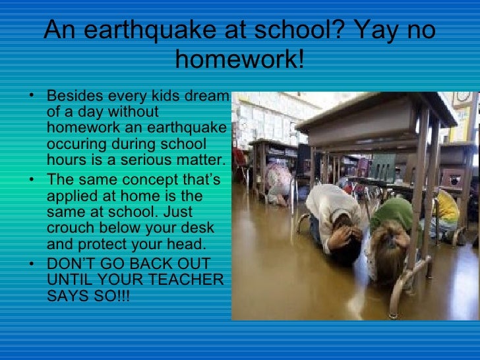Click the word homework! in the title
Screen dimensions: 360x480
[240, 61]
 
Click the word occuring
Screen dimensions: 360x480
[75, 143]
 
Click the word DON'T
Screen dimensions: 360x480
[71, 265]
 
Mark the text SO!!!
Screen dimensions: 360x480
[109, 297]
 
